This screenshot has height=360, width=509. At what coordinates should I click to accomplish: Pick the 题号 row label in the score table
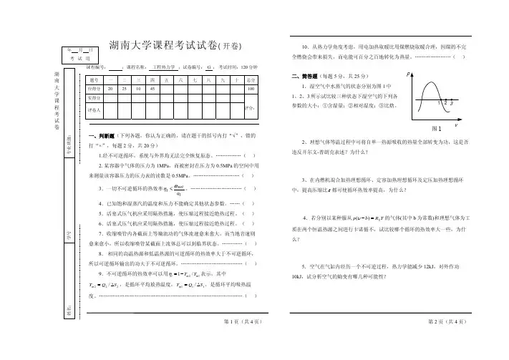93,78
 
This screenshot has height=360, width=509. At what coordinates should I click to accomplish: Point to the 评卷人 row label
93,110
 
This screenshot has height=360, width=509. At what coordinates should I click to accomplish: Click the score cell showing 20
108,88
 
